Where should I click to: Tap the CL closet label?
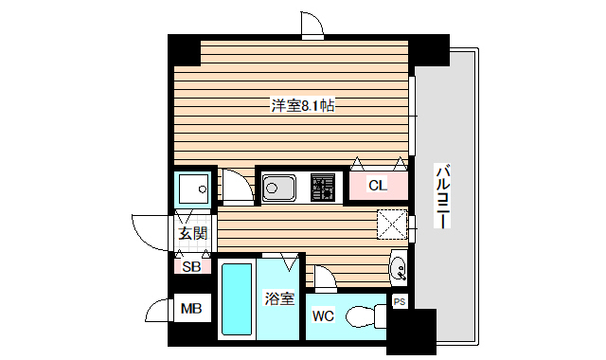[377, 186]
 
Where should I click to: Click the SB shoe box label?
[191, 266]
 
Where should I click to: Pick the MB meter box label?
[191, 309]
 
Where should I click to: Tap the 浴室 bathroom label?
[278, 299]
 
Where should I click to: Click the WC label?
[322, 315]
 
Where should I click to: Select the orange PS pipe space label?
[400, 303]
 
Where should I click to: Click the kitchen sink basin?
[277, 188]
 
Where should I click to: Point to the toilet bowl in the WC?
[364, 315]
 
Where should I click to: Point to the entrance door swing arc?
[148, 232]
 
